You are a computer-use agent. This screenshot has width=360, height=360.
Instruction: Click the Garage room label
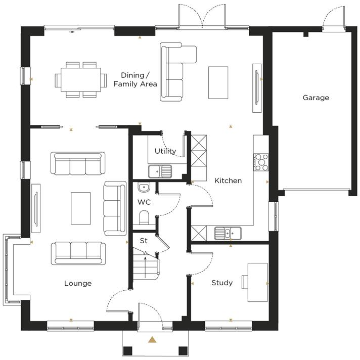[x=316, y=98]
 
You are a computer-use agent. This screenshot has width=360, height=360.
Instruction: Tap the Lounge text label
[x=78, y=283]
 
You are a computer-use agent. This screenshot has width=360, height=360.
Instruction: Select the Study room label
[x=222, y=283]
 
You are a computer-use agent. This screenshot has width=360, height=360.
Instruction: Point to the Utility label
[x=165, y=151]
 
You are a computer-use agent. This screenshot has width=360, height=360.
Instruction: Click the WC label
[x=144, y=202]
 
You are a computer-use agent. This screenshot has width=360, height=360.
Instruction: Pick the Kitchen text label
[x=228, y=181]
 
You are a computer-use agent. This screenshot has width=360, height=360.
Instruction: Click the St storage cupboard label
[x=144, y=240]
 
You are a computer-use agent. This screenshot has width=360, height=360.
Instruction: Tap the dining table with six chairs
[x=81, y=79]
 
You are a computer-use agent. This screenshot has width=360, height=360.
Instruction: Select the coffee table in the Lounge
[x=81, y=208]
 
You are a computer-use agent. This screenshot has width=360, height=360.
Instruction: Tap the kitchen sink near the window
[x=228, y=233]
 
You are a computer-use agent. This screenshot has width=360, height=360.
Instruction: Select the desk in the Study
[x=257, y=282]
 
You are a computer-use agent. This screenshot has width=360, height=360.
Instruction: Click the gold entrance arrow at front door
[x=151, y=340]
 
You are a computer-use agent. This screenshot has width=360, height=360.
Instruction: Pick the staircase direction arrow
[x=146, y=261]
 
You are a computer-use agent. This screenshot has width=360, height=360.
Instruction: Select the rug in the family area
[x=218, y=82]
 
